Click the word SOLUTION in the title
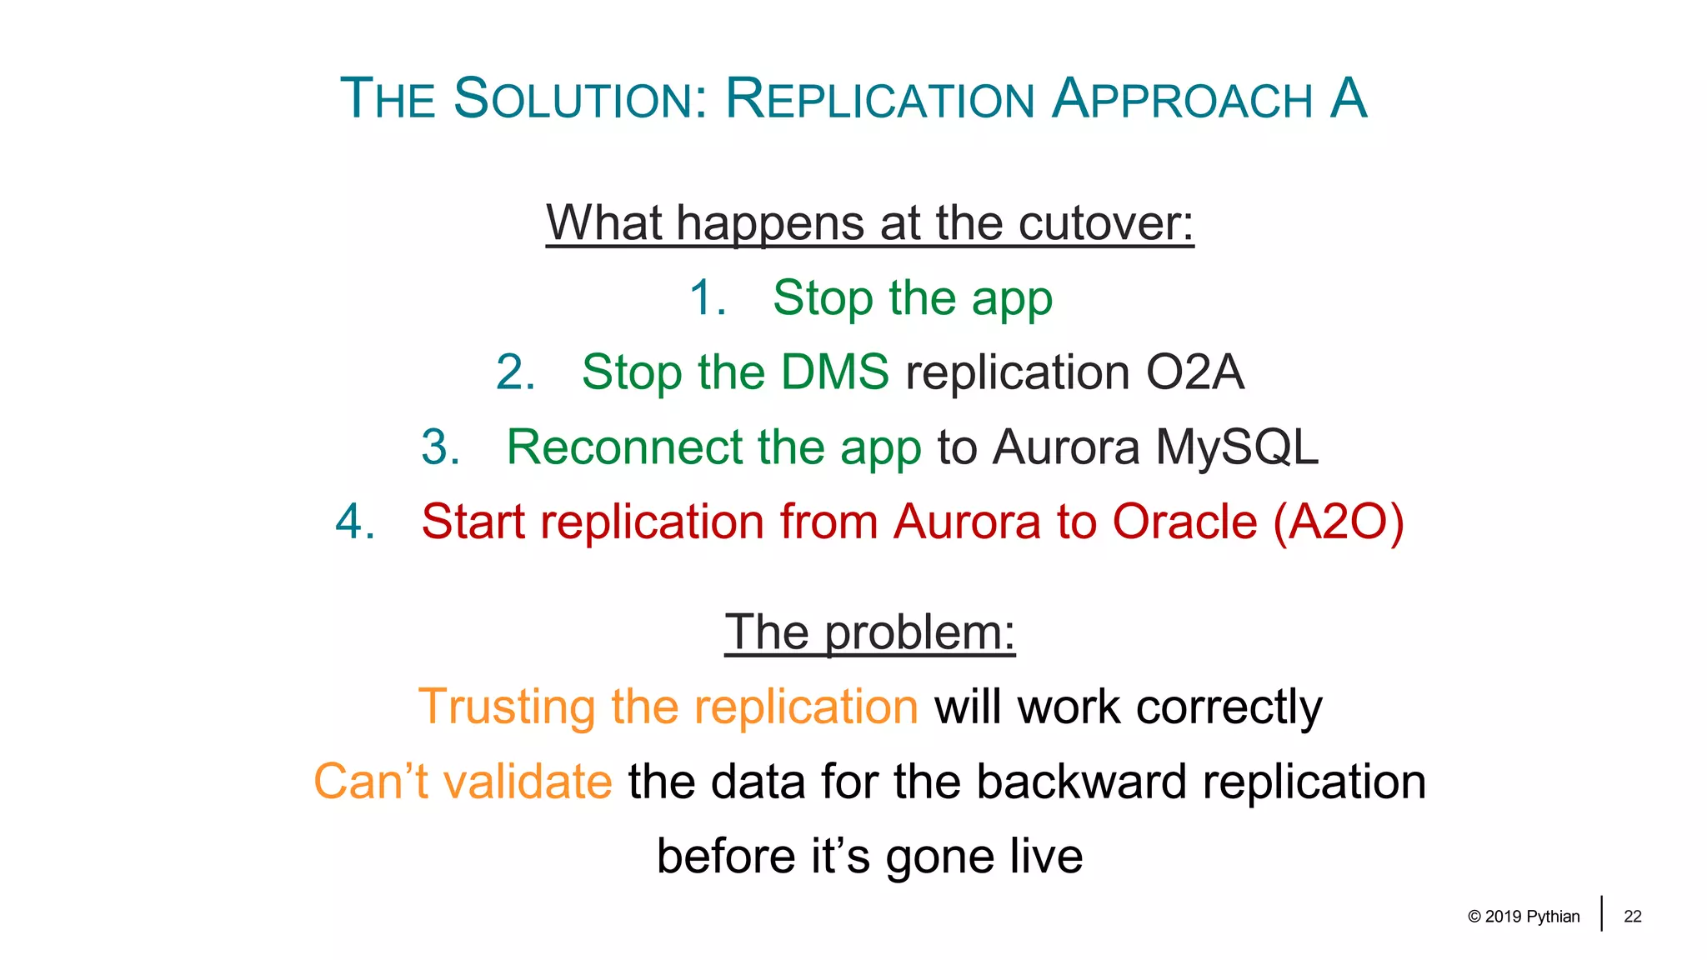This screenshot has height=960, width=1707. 580,99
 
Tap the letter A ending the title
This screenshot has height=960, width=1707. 1348,99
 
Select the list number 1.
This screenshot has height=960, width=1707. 708,297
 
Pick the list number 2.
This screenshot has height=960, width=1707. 515,372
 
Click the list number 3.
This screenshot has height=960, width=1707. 440,447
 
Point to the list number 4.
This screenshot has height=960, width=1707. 355,522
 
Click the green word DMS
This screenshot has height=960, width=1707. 834,372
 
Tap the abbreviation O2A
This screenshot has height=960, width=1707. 1194,372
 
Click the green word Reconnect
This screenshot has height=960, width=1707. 623,447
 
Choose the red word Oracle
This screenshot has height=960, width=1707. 1184,522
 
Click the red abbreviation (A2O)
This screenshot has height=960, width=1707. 1338,522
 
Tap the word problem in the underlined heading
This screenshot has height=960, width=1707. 919,633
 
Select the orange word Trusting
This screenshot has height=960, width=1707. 506,707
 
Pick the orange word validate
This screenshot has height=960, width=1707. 527,782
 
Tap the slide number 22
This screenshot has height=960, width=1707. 1632,917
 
